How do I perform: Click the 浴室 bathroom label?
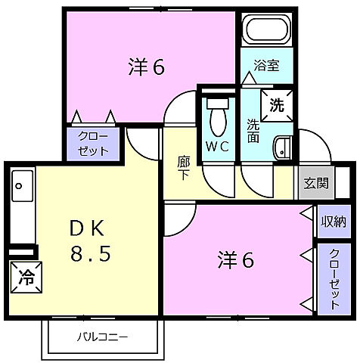coord(265,65)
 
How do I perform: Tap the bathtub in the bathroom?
coord(265,33)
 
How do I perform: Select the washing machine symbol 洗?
coord(276,104)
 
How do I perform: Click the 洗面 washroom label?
coord(252,130)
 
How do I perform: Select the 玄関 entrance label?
coord(315,182)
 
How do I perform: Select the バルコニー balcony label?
coord(102,337)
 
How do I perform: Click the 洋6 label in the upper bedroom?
coord(145,67)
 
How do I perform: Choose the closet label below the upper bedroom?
coord(97,143)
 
